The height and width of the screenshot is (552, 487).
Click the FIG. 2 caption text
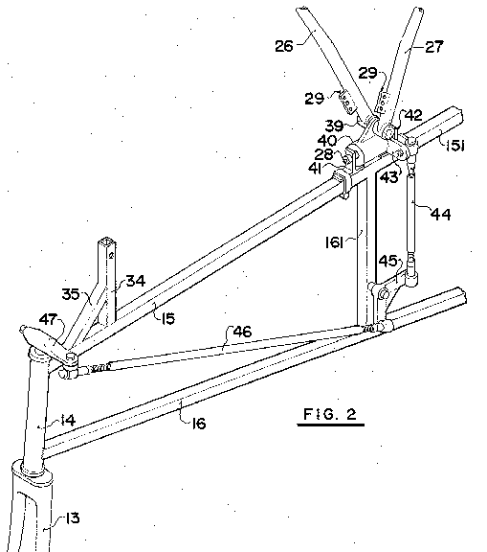[x=330, y=414]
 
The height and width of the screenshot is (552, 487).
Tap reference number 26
[x=284, y=46]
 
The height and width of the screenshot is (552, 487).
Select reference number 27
[x=434, y=46]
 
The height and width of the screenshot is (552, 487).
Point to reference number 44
[x=441, y=214]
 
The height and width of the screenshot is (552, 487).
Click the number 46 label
[x=242, y=332]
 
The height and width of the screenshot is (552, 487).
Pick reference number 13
[x=72, y=518]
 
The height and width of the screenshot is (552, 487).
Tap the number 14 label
[x=68, y=420]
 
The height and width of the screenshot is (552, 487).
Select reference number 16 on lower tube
[x=198, y=424]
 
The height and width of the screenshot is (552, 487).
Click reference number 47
[x=48, y=319]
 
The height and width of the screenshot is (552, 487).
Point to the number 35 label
[x=71, y=294]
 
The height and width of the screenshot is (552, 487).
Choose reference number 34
[x=136, y=281]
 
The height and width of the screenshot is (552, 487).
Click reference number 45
[x=387, y=262]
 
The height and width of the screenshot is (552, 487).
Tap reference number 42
[x=413, y=115]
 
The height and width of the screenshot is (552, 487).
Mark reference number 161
[x=334, y=242]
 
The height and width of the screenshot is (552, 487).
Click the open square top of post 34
[x=107, y=241]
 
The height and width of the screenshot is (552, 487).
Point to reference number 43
[x=389, y=177]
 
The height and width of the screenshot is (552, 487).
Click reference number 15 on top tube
[x=168, y=318]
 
